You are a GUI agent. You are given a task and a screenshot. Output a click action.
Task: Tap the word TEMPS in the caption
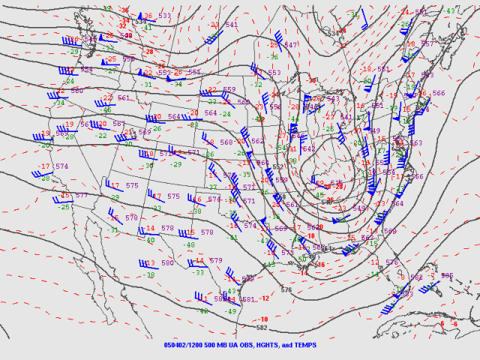coord(309,345)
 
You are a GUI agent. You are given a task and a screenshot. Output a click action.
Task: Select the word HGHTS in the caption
coord(271,345)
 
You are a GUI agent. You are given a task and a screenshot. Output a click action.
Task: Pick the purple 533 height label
coord(164,15)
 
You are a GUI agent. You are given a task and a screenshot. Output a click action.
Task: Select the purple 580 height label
coord(167,262)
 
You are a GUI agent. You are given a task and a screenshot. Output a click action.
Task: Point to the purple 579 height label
coord(216,260)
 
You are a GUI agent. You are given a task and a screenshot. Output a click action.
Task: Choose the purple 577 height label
coord(82,195)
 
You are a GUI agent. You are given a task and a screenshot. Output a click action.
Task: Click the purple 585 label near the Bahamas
coord(447,275)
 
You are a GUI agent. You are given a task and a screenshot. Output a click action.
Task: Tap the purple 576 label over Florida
coord(391,262)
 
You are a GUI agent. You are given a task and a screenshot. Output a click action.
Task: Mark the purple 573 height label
coord(287,253)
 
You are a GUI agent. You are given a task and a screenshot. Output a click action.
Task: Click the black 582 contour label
coord(262,328)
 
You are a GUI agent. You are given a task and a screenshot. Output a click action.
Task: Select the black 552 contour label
coord(277,166)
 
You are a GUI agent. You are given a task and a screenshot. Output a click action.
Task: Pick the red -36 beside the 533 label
coord(148,16)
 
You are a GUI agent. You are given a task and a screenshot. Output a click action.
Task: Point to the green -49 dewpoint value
coord(232,311)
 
